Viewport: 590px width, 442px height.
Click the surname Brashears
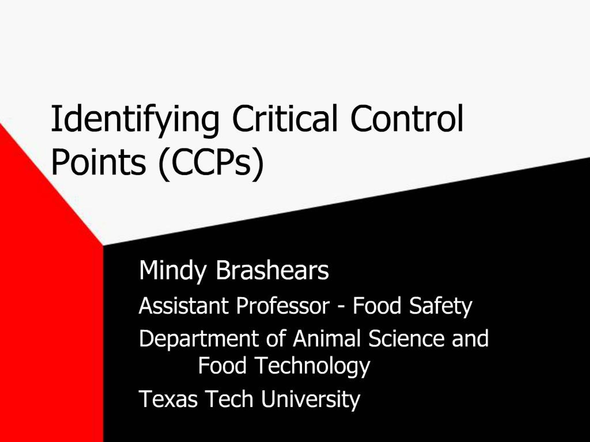click(272, 270)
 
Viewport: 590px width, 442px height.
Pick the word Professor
click(283, 305)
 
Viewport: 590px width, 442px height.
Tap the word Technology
click(312, 366)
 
